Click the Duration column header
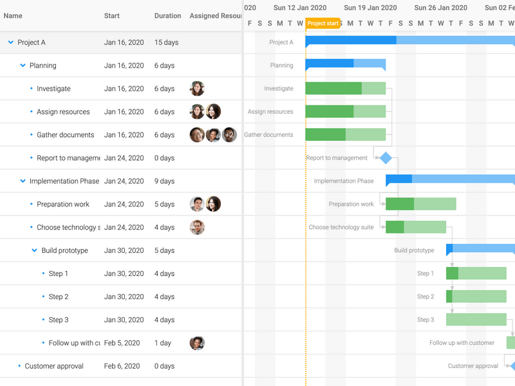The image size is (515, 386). pyautogui.click(x=167, y=16)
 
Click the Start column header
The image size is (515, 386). pyautogui.click(x=112, y=16)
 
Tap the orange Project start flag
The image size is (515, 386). pyautogui.click(x=323, y=24)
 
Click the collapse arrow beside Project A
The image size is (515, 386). pyautogui.click(x=11, y=42)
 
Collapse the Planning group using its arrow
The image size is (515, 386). pyautogui.click(x=23, y=66)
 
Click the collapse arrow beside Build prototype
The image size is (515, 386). pyautogui.click(x=35, y=250)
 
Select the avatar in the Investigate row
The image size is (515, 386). pyautogui.click(x=197, y=89)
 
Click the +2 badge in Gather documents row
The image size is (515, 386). pyautogui.click(x=229, y=135)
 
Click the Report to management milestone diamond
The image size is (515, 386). pyautogui.click(x=386, y=158)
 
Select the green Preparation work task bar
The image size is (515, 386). pyautogui.click(x=420, y=204)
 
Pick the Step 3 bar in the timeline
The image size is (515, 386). pyautogui.click(x=476, y=320)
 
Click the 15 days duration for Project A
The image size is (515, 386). pyautogui.click(x=167, y=42)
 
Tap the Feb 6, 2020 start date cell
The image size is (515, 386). pyautogui.click(x=122, y=366)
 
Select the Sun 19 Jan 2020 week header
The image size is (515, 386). pyautogui.click(x=370, y=8)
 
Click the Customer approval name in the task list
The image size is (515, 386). pyautogui.click(x=54, y=366)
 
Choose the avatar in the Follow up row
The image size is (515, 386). pyautogui.click(x=197, y=343)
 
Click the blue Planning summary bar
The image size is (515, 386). pyautogui.click(x=345, y=64)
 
